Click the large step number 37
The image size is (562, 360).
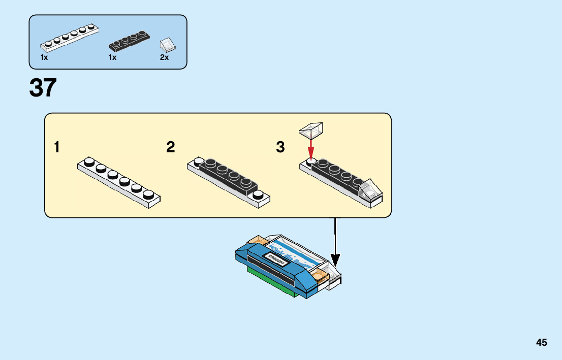pyautogui.click(x=43, y=88)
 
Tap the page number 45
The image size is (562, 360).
pyautogui.click(x=541, y=342)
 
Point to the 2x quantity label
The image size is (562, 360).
pyautogui.click(x=164, y=57)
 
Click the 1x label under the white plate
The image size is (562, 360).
pyautogui.click(x=44, y=57)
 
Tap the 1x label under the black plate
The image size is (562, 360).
pyautogui.click(x=112, y=57)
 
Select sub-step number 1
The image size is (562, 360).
pyautogui.click(x=57, y=147)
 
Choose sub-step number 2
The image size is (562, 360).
pyautogui.click(x=171, y=147)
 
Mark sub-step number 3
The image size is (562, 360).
pyautogui.click(x=280, y=147)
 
